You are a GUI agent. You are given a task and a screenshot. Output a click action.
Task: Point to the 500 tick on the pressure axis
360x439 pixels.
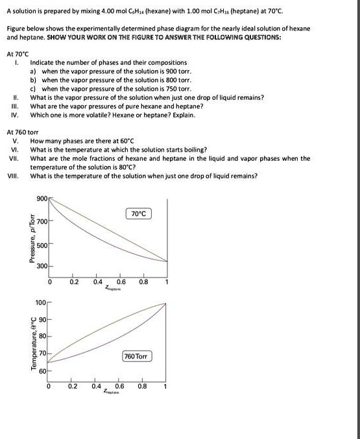(42, 244)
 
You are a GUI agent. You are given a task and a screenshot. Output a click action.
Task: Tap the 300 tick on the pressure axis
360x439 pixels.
(42, 267)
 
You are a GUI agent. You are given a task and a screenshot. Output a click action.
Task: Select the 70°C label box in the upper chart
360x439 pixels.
(139, 213)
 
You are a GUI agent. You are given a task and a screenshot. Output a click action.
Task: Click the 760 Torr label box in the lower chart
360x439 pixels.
(138, 357)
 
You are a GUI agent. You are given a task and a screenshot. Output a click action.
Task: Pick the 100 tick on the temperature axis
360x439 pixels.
(41, 303)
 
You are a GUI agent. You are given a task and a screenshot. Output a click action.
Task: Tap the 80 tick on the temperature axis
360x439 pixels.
(43, 337)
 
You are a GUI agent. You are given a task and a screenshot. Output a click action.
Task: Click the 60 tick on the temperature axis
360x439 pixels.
(43, 370)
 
